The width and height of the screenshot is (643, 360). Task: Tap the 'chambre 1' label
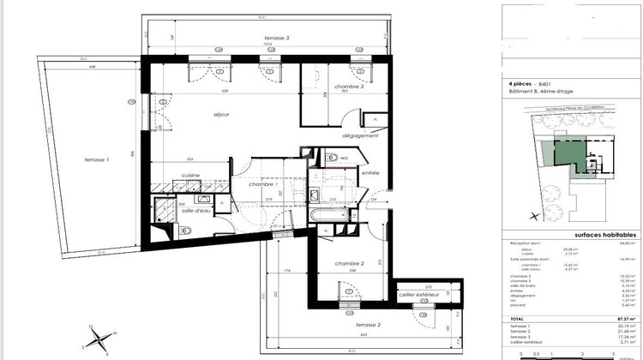262,185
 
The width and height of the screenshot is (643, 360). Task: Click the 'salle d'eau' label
195,210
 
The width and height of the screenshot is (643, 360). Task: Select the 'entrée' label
370,173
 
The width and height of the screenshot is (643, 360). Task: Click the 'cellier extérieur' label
418,294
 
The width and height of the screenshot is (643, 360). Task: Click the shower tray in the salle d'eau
161,208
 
